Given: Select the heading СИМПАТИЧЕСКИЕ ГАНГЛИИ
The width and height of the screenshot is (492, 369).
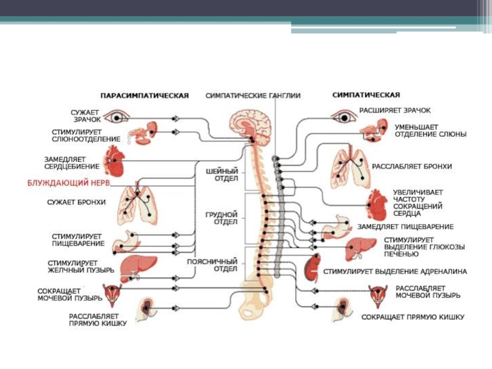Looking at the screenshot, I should [x=253, y=96].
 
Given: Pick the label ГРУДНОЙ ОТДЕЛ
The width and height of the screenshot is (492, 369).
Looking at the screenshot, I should [x=217, y=218].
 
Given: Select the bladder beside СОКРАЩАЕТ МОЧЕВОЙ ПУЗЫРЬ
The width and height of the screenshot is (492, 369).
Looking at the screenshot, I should [x=113, y=296].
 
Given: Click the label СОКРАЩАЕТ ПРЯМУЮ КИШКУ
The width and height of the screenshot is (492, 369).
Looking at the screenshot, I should [x=414, y=317].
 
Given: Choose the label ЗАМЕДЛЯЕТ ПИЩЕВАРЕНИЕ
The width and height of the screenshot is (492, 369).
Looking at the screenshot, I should [x=406, y=226].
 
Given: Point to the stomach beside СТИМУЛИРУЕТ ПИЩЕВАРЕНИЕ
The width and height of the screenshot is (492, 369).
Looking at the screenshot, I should [x=131, y=239].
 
